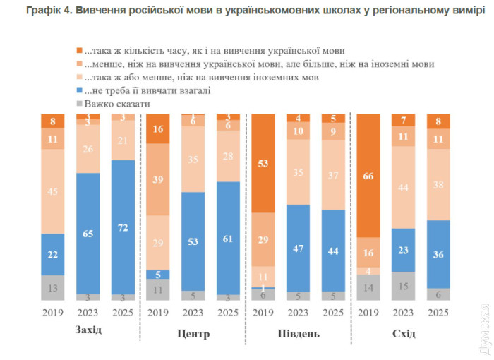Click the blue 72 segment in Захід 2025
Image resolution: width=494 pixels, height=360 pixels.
pos(123,228)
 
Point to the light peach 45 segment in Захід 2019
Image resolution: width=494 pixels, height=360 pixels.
pos(53,191)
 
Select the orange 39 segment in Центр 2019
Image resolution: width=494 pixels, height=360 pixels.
pos(159,181)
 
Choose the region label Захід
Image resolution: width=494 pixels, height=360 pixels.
pos(88,332)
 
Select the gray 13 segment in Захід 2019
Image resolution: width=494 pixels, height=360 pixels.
pos(53,288)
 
